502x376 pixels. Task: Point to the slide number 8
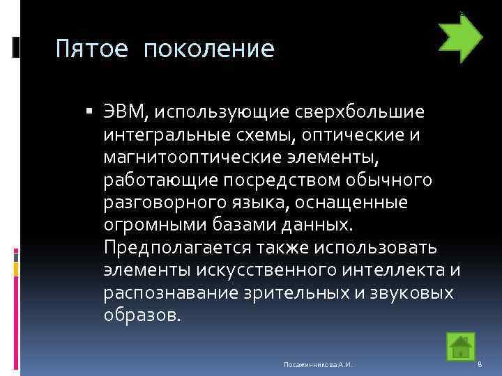click(x=480, y=364)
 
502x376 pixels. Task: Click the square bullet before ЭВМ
click(x=92, y=112)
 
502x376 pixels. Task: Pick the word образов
click(x=142, y=315)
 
